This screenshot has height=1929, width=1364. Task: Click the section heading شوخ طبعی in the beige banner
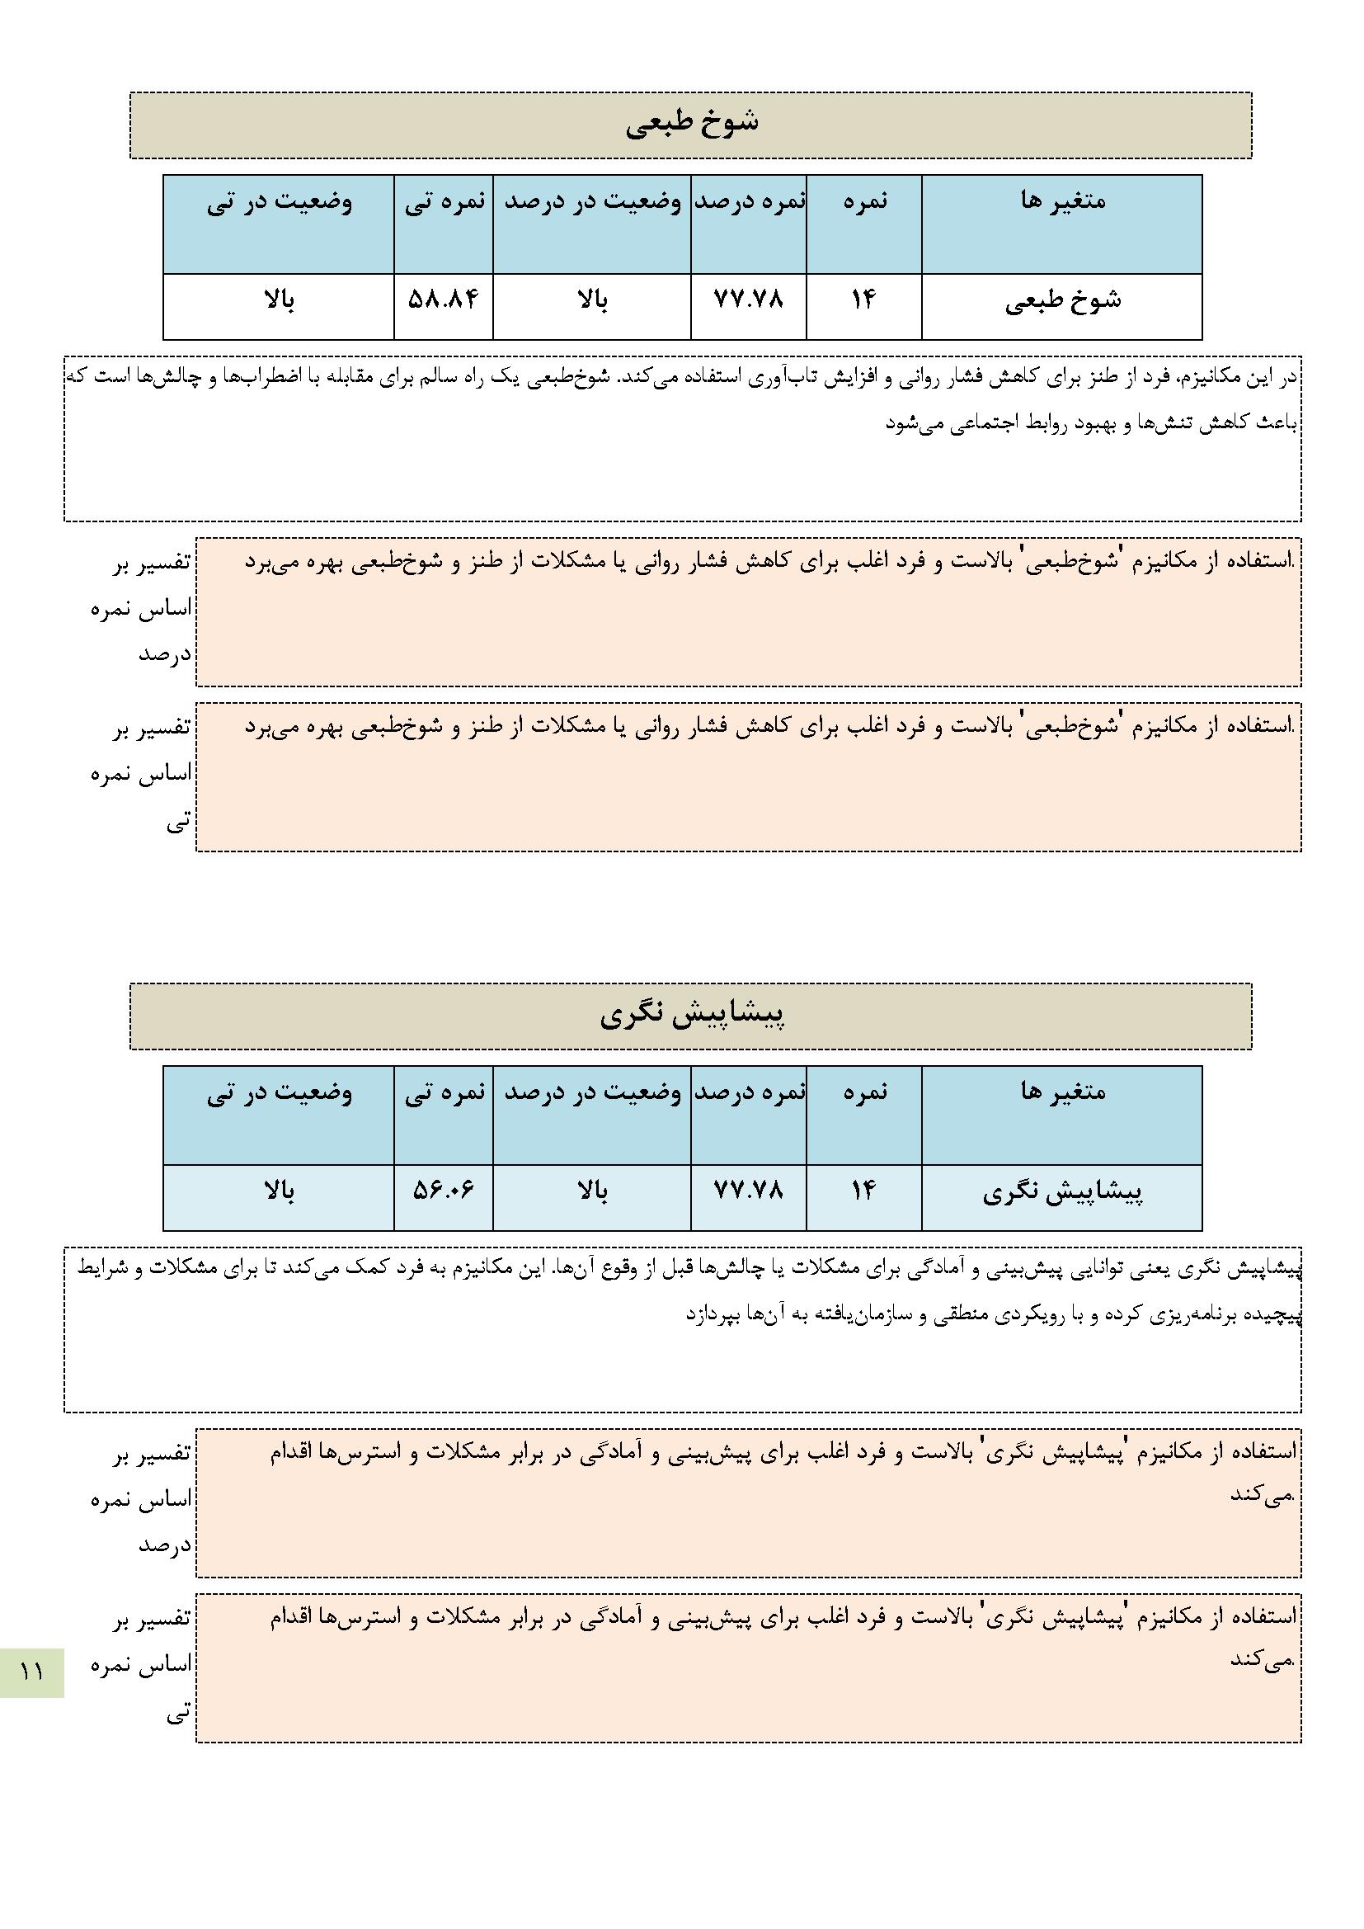(x=691, y=124)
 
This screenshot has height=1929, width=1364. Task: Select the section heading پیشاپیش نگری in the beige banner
(x=691, y=1015)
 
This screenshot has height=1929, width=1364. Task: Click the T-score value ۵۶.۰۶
(x=443, y=1191)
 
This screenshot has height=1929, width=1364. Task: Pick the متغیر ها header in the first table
(x=1062, y=201)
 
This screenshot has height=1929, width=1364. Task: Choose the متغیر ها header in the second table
(x=1062, y=1092)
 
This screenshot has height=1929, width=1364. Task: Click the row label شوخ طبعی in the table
(x=1062, y=302)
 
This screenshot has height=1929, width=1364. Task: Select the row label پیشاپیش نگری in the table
(x=1062, y=1192)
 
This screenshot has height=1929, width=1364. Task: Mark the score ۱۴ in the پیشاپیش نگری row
(x=863, y=1191)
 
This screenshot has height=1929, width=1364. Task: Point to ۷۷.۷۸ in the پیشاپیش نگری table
(x=747, y=1191)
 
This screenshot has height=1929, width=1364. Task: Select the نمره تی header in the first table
(x=444, y=202)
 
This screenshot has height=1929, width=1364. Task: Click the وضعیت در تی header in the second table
(x=279, y=1093)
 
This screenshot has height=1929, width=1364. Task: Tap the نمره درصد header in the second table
(x=749, y=1093)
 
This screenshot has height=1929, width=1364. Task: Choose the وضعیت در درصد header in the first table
(x=592, y=202)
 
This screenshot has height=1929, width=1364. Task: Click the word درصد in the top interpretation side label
(x=166, y=654)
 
